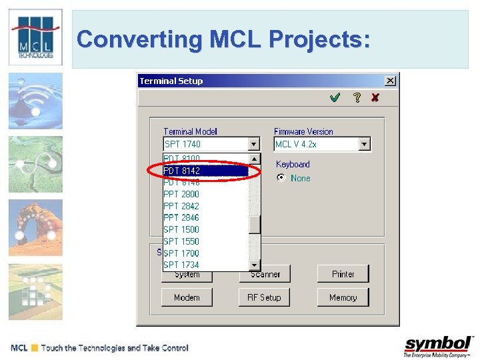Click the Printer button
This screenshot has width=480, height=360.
(x=343, y=274)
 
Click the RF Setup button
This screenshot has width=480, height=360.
(x=264, y=297)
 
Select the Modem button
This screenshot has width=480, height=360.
(x=187, y=297)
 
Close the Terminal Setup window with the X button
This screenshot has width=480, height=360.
(x=390, y=81)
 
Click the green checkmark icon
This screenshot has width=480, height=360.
(x=335, y=97)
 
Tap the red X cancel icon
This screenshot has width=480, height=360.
(x=375, y=97)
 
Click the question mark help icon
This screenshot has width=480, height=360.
(x=357, y=97)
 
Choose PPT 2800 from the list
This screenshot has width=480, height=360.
(x=181, y=194)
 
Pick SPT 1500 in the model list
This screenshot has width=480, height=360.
(x=181, y=229)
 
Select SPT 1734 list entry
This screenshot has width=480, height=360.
(x=181, y=265)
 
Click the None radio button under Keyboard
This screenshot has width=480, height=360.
(x=281, y=178)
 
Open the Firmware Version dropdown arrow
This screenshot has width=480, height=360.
(x=364, y=144)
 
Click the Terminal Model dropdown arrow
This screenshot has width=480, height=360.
(x=253, y=144)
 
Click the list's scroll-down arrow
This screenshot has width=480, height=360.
(x=254, y=265)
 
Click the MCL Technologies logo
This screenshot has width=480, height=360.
(x=35, y=37)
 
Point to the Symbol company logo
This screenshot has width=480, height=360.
(x=438, y=346)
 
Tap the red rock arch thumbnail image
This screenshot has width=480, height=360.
(x=35, y=227)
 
